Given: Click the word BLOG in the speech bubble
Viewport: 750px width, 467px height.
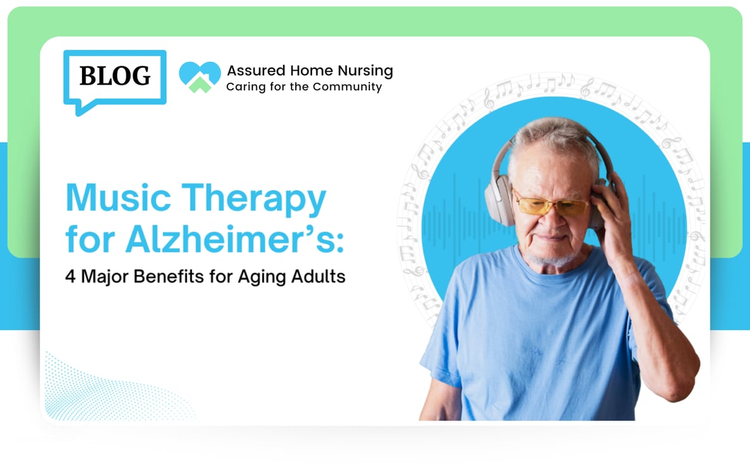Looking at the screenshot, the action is click(115, 76).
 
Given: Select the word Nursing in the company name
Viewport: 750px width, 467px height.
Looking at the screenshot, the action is click(366, 71).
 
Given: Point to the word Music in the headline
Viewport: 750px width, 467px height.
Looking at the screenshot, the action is click(118, 197).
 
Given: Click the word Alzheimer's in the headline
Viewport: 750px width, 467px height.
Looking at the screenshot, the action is click(234, 239).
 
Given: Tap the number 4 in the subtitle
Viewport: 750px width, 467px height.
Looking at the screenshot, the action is click(70, 276).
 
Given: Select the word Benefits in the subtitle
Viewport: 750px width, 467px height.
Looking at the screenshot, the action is click(169, 276).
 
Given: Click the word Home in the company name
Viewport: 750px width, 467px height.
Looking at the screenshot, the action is click(311, 71).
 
